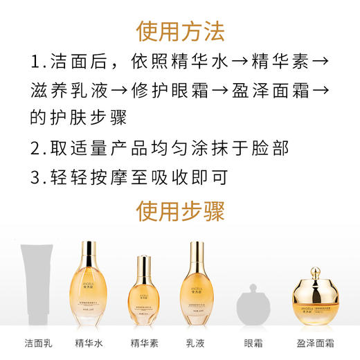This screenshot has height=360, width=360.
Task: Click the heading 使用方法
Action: coord(180,31)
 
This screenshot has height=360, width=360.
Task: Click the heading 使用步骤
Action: coord(180,208)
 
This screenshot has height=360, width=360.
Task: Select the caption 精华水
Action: coord(89,343)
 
